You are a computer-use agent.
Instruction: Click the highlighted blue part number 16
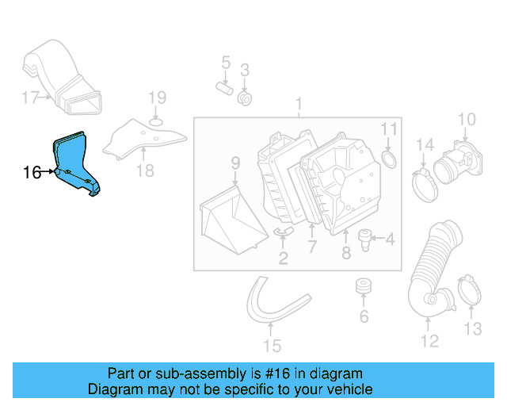pyautogui.click(x=76, y=162)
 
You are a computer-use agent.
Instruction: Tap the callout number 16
pyautogui.click(x=32, y=172)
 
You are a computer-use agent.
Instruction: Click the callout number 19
pyautogui.click(x=157, y=98)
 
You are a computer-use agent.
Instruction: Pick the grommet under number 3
pyautogui.click(x=245, y=98)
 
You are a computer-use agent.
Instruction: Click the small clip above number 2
pyautogui.click(x=283, y=231)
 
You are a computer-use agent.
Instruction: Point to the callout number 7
pyautogui.click(x=312, y=247)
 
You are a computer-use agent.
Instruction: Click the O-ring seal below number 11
pyautogui.click(x=389, y=161)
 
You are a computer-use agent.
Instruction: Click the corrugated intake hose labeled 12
pyautogui.click(x=432, y=270)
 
